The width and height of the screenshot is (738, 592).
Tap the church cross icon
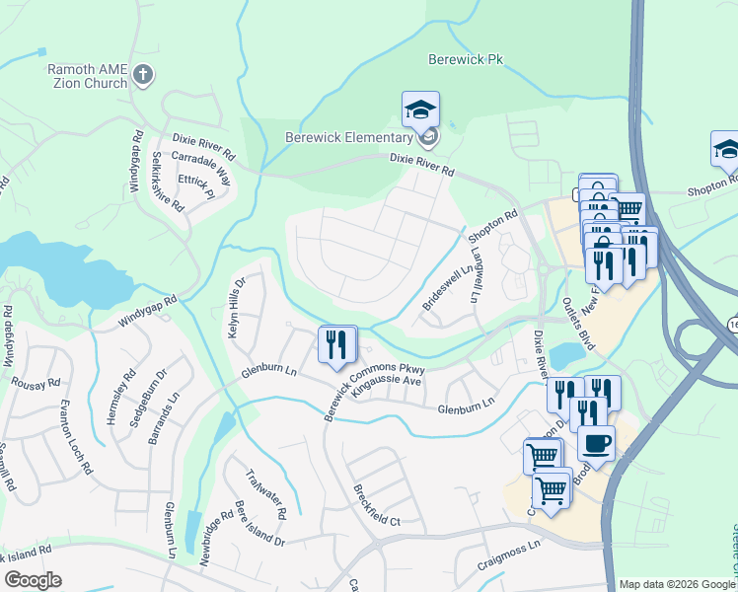click(x=144, y=75)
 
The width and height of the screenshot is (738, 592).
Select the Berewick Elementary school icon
click(x=420, y=111)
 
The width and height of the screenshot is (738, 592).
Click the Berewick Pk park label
click(x=466, y=59)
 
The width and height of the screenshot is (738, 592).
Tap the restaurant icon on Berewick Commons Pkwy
click(x=336, y=345)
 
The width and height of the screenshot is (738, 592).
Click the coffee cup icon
click(x=595, y=444)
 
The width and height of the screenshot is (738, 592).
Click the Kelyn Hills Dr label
click(x=236, y=307)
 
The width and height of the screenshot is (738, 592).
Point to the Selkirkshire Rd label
click(x=167, y=184)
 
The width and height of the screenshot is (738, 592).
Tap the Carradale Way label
click(x=200, y=170)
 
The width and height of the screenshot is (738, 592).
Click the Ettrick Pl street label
click(x=196, y=187)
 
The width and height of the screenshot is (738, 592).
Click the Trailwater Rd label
click(x=266, y=493)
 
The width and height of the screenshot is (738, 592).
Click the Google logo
click(x=32, y=579)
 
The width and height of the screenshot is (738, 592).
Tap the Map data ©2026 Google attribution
click(x=676, y=584)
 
